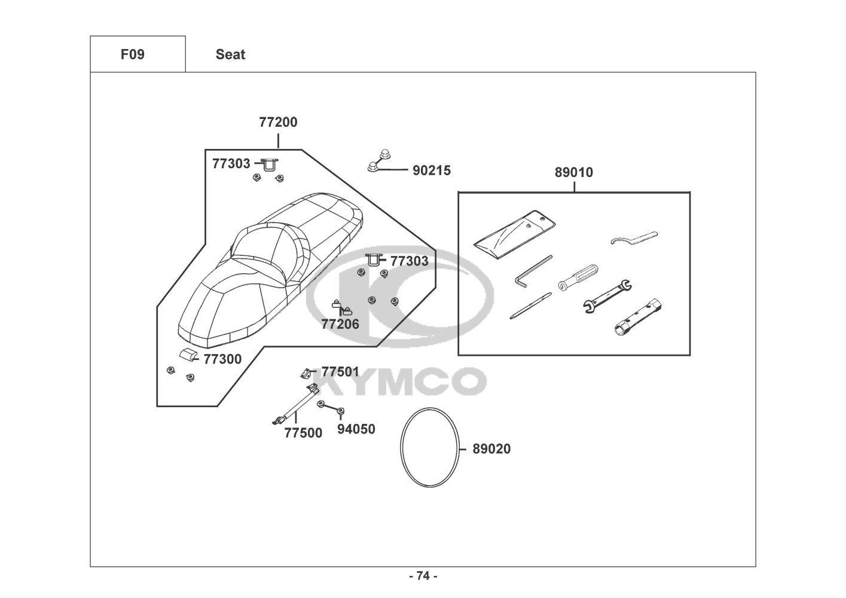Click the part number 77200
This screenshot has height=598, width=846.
coord(278,123)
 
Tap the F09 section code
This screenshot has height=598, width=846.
coord(133,54)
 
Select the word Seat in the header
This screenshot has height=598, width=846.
coord(230,54)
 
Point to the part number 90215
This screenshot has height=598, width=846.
coord(432,170)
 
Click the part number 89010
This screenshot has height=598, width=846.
coord(574,173)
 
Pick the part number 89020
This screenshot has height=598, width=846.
coord(491,449)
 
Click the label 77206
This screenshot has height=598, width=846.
coord(340,325)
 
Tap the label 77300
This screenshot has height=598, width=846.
coord(222,359)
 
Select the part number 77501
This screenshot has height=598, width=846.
coord(340,372)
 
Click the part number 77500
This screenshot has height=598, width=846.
coord(303,433)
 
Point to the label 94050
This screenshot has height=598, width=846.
coord(356,429)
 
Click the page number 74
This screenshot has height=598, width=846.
coord(423,576)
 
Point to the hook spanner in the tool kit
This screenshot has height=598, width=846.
coord(634,238)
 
